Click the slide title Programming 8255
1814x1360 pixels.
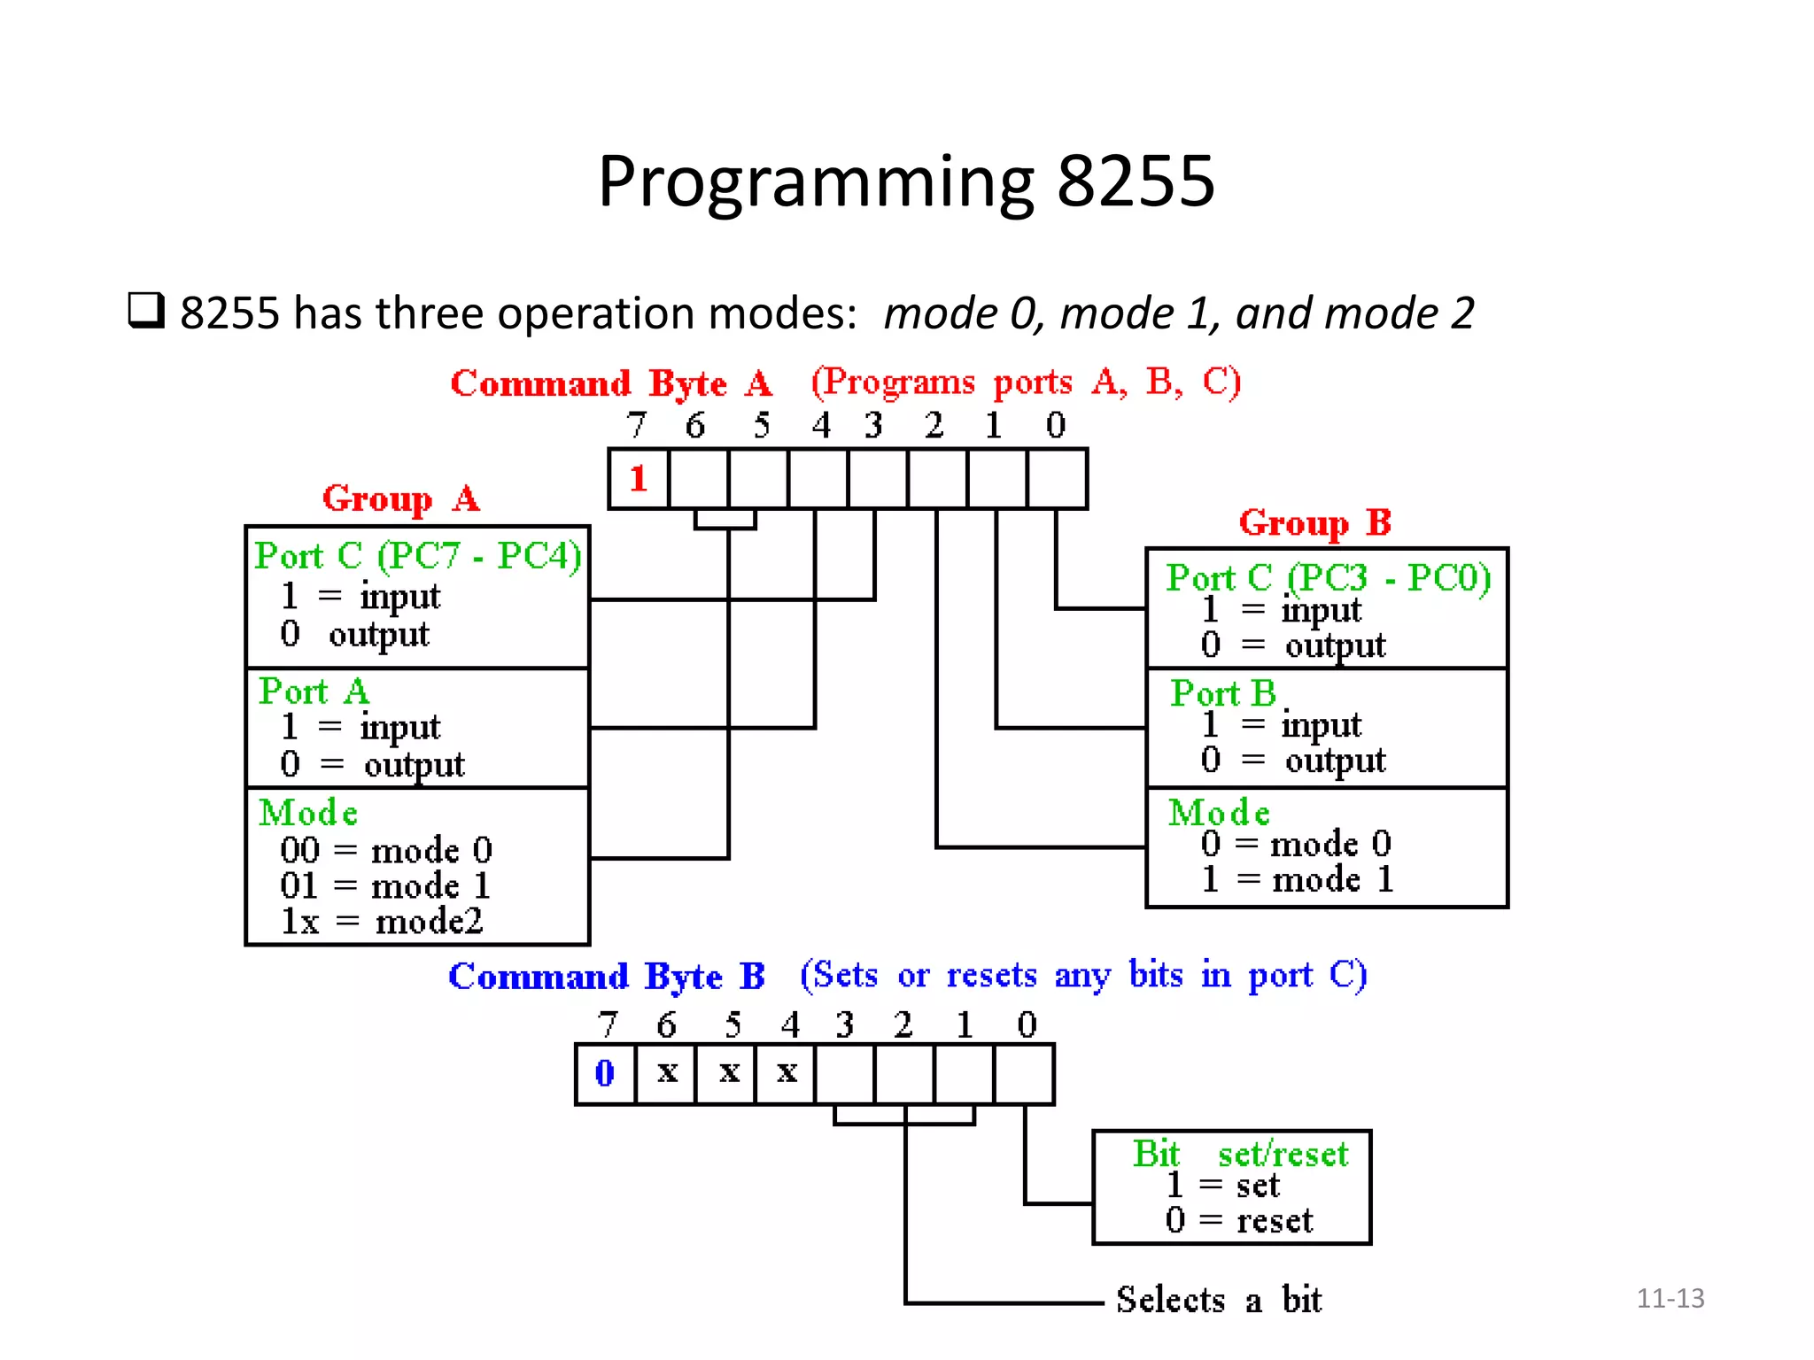pyautogui.click(x=905, y=182)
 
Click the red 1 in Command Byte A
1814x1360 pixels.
pyautogui.click(x=638, y=479)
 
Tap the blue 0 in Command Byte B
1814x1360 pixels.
pyautogui.click(x=604, y=1073)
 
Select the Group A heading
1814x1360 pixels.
pyautogui.click(x=400, y=499)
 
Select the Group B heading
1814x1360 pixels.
pyautogui.click(x=1314, y=523)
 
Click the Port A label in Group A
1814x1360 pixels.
pyautogui.click(x=314, y=692)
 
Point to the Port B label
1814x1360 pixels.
pyautogui.click(x=1222, y=693)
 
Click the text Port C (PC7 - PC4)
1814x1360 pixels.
pyautogui.click(x=417, y=556)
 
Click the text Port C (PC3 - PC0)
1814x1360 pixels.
pyautogui.click(x=1328, y=578)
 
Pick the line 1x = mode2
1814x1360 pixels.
pyautogui.click(x=381, y=922)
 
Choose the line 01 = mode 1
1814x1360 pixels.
pyautogui.click(x=384, y=885)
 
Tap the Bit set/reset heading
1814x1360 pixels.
pyautogui.click(x=1239, y=1154)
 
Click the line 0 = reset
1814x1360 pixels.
pyautogui.click(x=1238, y=1221)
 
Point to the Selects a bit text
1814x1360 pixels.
pyautogui.click(x=1218, y=1300)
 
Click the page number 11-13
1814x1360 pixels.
pyautogui.click(x=1670, y=1298)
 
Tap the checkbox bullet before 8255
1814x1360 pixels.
pyautogui.click(x=146, y=311)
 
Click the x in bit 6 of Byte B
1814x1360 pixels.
pyautogui.click(x=667, y=1073)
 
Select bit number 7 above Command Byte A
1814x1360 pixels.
pyautogui.click(x=636, y=426)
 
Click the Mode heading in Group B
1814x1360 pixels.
pyautogui.click(x=1219, y=813)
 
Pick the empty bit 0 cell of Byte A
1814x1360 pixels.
pyautogui.click(x=1057, y=479)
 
